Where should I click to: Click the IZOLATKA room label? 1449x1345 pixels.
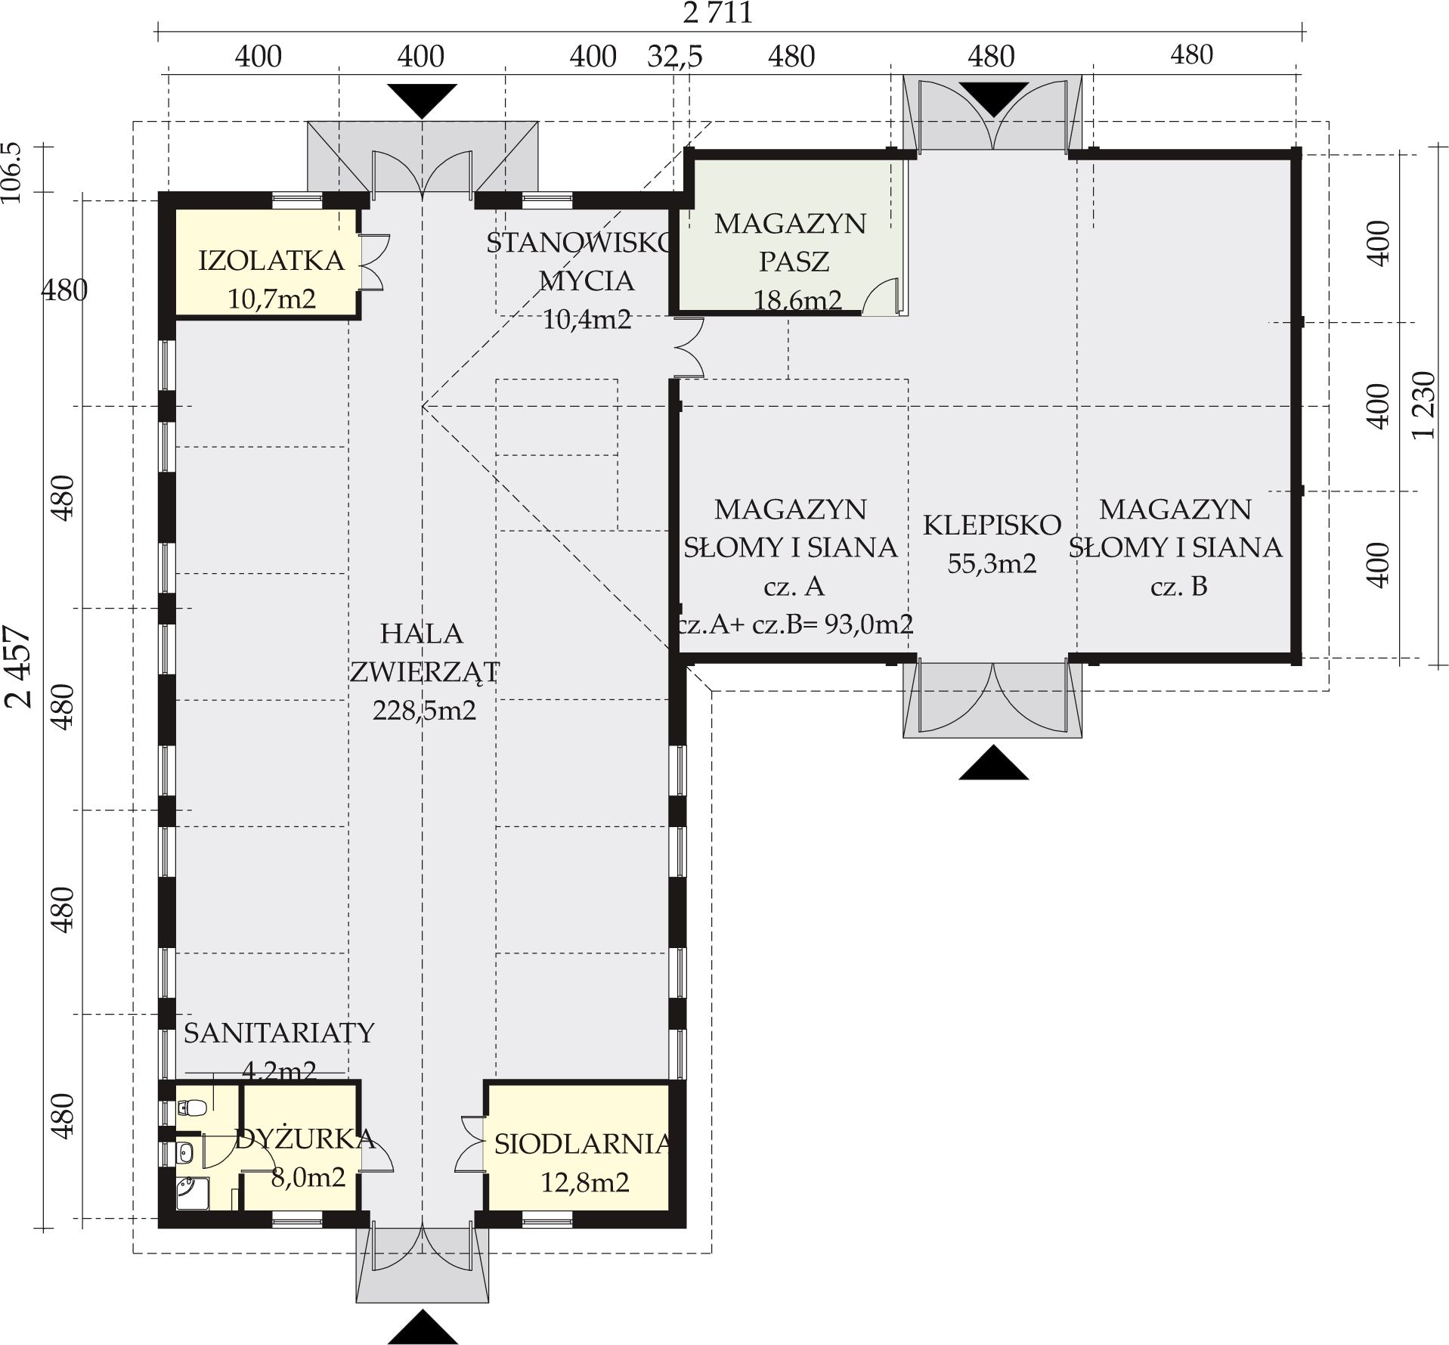pos(271,261)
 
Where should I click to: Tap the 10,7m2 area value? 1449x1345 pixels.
pos(271,299)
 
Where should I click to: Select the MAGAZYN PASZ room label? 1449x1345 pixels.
pos(791,243)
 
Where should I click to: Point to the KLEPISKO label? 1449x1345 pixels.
pos(992,524)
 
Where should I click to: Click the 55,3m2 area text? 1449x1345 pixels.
pos(992,563)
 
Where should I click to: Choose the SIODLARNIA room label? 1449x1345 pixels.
pos(583,1144)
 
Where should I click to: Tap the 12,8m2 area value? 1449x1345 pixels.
pos(585,1182)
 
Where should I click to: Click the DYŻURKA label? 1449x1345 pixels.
pos(305,1139)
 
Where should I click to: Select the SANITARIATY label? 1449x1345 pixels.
pos(279,1033)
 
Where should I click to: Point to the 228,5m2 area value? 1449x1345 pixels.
pos(424,711)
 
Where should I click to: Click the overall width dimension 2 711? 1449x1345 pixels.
pos(717,13)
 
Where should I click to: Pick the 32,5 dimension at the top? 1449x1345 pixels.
pos(675,57)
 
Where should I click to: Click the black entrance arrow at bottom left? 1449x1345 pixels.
pos(423,1327)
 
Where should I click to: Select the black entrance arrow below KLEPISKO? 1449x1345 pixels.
pos(993,762)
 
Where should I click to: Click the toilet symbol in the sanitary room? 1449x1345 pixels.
pos(192,1108)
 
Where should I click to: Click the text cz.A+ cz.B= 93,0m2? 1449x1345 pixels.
pos(795,624)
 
